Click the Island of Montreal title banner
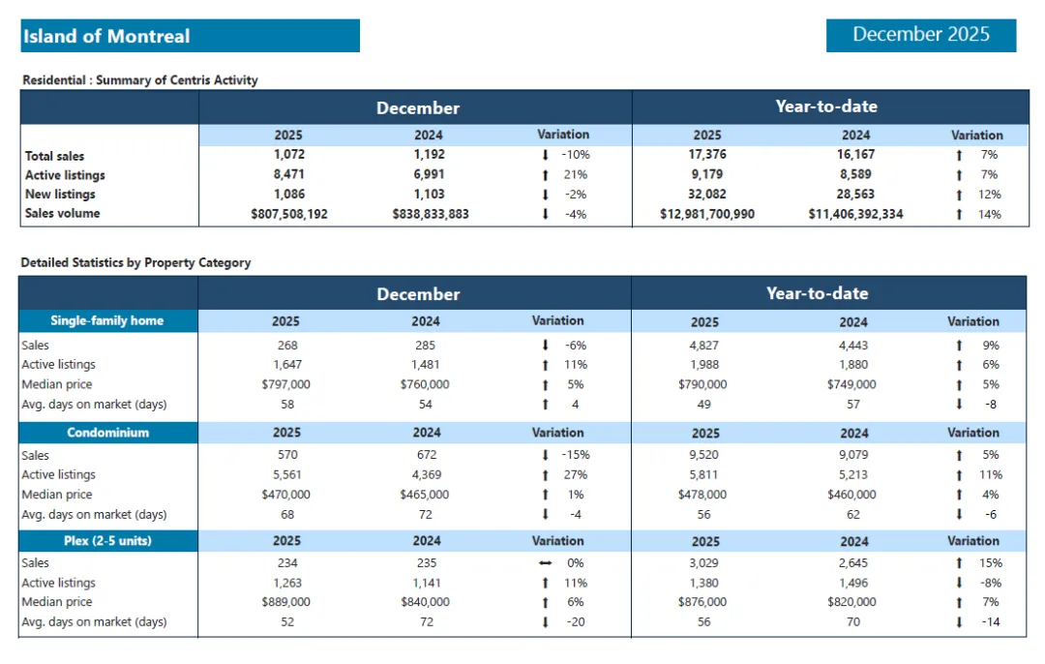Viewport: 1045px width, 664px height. point(190,36)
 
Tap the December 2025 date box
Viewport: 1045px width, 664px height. point(920,35)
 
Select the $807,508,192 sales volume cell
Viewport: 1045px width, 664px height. point(287,214)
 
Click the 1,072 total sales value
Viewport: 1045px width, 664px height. point(287,155)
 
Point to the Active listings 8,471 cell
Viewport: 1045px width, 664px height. point(287,175)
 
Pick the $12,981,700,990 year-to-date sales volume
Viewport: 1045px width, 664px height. point(707,214)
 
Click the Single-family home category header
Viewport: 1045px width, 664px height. point(107,320)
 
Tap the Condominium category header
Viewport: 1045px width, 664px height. point(107,433)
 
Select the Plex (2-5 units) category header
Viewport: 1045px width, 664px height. point(107,541)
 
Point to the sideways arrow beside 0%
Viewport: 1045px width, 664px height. point(546,563)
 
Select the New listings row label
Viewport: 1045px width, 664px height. point(60,195)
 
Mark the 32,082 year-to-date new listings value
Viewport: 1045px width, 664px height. point(707,195)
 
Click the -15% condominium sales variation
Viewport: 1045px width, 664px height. point(575,455)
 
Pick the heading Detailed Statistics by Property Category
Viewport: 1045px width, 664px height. point(135,262)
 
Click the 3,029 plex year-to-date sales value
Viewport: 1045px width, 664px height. point(704,563)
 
